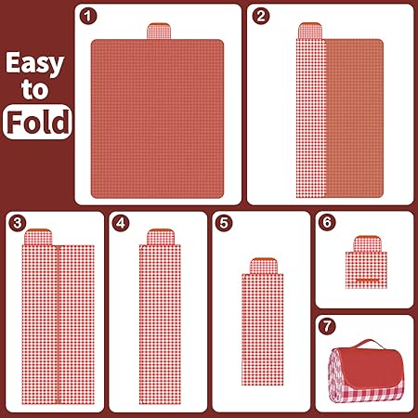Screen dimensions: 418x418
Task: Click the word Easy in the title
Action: coord(34,63)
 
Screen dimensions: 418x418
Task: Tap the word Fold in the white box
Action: coord(38,122)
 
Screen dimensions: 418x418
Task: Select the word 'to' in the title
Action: coord(34,89)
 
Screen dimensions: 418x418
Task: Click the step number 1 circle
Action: coord(88,16)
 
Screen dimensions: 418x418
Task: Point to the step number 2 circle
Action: coord(261,16)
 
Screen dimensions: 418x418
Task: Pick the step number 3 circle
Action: coord(18,223)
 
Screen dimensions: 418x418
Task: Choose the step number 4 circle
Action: coord(121,223)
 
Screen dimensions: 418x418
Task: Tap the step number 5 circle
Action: coord(224,223)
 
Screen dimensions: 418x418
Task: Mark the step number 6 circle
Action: coord(327,222)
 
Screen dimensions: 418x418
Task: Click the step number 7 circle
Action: coord(327,326)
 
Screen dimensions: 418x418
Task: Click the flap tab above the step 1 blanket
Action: coord(159,31)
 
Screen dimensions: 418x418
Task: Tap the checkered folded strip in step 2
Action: coord(311,118)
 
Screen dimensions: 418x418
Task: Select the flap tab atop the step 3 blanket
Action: coord(38,237)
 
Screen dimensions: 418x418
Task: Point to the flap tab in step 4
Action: coord(160,237)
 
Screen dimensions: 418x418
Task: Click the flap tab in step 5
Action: coord(263,266)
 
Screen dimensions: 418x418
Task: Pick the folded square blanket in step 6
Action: coord(366,270)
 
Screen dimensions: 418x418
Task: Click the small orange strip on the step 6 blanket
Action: coord(367,281)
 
